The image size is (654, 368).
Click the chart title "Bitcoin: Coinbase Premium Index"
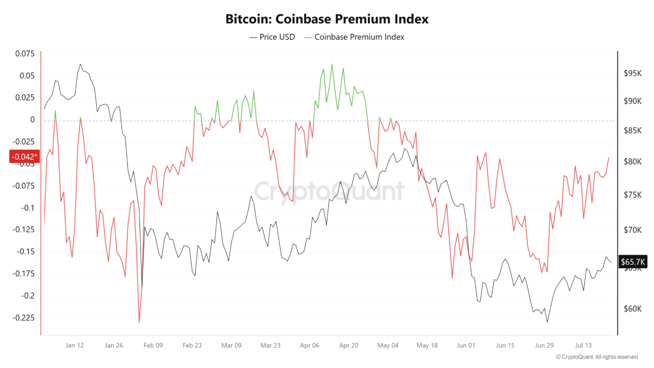(326, 19)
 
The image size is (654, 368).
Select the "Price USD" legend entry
(272, 37)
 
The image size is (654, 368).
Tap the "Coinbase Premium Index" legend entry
(354, 37)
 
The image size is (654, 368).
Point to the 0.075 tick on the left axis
(25, 54)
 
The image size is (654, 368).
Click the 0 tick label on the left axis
(32, 120)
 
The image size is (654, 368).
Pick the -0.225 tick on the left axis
(24, 318)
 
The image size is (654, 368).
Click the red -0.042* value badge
(25, 156)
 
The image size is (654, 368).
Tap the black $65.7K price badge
(633, 261)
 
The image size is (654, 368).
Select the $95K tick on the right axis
(633, 73)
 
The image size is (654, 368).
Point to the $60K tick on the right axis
(633, 309)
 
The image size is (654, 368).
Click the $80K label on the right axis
(633, 162)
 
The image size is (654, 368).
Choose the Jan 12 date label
(75, 345)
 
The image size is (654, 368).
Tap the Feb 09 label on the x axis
(153, 345)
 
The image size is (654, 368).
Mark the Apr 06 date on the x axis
(310, 345)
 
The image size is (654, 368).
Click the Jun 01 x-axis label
(465, 345)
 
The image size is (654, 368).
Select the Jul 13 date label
(583, 345)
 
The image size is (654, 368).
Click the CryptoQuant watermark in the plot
(329, 191)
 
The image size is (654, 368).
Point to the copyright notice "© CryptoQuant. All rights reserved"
(597, 357)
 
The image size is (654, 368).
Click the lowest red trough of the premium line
(139, 322)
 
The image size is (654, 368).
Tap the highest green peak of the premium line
(332, 64)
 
